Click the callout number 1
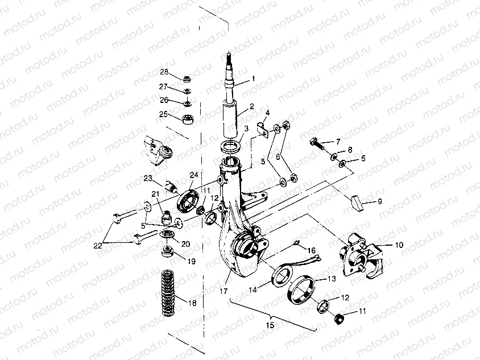[x=253, y=78]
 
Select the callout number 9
[x=380, y=201]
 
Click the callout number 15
[x=270, y=325]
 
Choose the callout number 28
[x=164, y=72]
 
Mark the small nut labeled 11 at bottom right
[x=339, y=318]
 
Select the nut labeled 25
[x=187, y=119]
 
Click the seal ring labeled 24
[x=188, y=200]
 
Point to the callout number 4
[x=267, y=113]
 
